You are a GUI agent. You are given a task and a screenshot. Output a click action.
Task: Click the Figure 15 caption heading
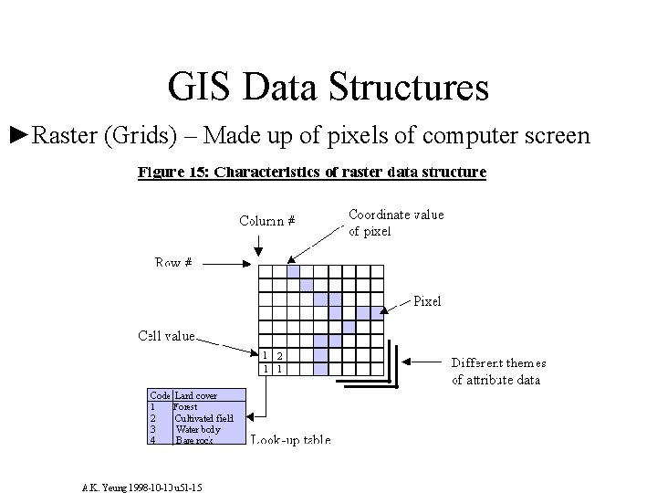click(312, 171)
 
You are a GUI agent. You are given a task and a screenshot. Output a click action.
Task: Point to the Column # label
click(266, 220)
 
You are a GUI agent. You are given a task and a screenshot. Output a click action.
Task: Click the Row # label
click(173, 262)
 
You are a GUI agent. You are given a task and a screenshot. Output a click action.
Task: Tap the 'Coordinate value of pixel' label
click(396, 223)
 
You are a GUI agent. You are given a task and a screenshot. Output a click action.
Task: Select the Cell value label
click(166, 336)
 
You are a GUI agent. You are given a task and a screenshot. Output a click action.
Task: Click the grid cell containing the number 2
click(280, 355)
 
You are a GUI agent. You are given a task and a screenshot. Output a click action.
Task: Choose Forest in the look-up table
click(184, 406)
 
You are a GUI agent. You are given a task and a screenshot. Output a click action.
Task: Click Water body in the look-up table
click(198, 428)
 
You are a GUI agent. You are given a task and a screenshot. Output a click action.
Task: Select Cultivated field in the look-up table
click(204, 417)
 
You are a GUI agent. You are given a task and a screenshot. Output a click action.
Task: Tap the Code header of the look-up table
click(160, 395)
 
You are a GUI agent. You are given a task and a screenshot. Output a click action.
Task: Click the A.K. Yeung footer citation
click(141, 487)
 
